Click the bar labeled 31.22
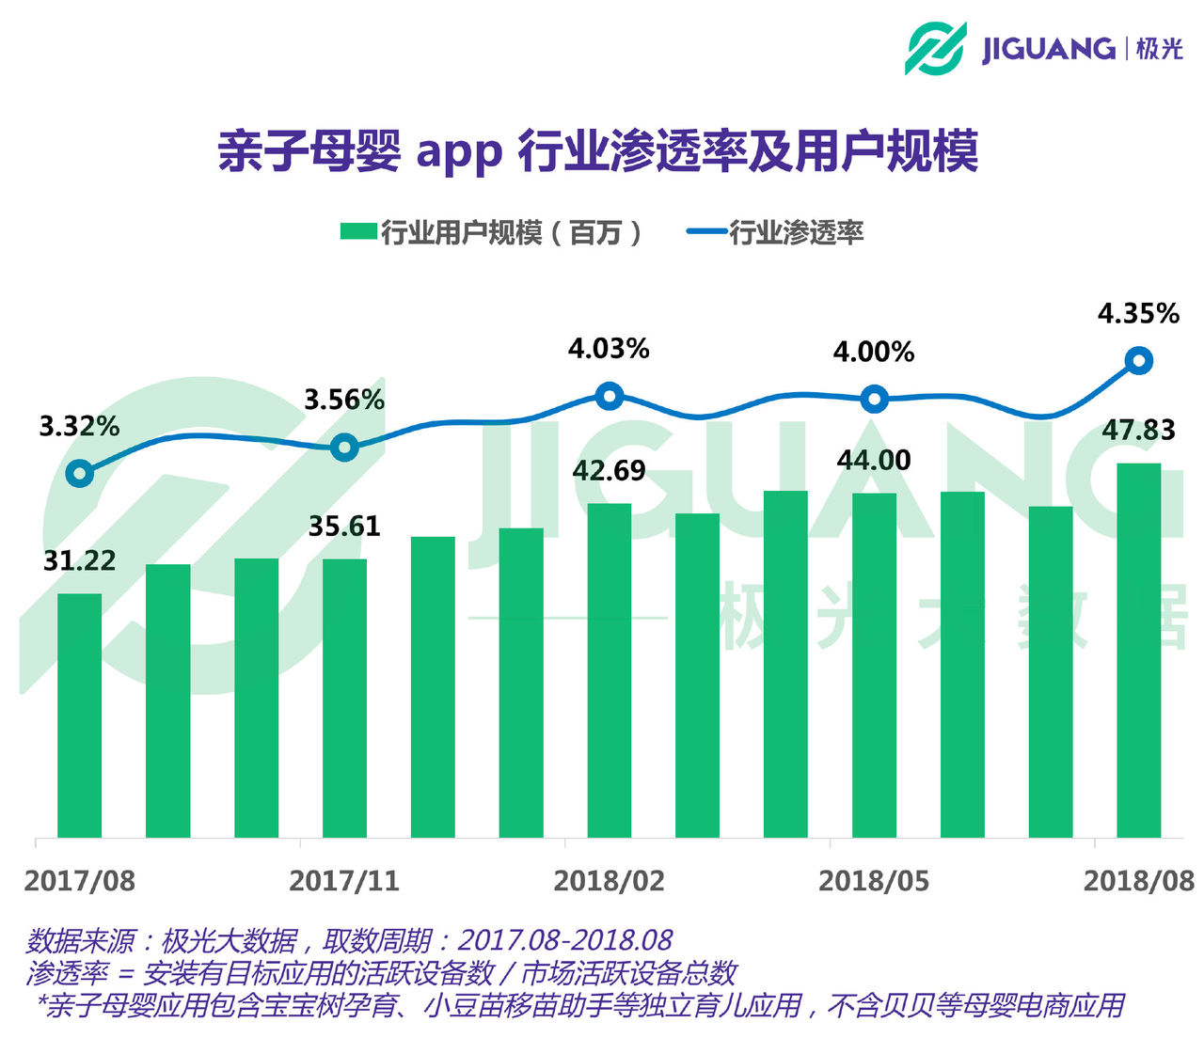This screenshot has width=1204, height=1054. [79, 715]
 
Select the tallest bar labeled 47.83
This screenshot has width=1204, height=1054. [1138, 649]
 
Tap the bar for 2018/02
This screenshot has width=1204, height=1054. [609, 669]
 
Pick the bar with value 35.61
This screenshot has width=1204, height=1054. [344, 698]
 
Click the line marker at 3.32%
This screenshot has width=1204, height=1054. [80, 473]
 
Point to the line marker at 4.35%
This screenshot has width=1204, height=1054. [1139, 361]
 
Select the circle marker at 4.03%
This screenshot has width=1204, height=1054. [610, 396]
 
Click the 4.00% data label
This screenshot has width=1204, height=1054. [874, 352]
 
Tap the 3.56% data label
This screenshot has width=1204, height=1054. [344, 400]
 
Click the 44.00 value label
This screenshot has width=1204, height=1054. [874, 460]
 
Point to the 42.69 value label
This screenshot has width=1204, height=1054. [609, 470]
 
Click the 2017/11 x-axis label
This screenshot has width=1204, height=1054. [344, 881]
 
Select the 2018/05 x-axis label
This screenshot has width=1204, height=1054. [874, 881]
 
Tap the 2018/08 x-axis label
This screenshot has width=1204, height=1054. [1138, 881]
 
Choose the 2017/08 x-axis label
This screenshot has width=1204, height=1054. [80, 881]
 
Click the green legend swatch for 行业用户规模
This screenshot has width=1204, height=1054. [357, 231]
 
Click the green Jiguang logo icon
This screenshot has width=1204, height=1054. [935, 48]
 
